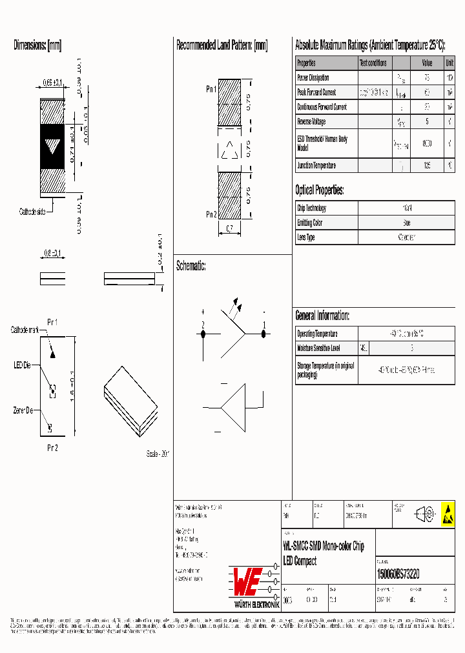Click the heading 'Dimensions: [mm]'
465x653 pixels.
(x=37, y=46)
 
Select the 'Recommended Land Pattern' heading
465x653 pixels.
(x=222, y=46)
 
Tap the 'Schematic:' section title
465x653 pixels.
(x=191, y=266)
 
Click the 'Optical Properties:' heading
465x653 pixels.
(x=319, y=190)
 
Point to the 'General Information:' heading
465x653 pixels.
(x=322, y=316)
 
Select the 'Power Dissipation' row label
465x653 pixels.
(x=313, y=78)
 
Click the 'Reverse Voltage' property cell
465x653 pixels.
(x=311, y=121)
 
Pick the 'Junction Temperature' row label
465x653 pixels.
(x=316, y=166)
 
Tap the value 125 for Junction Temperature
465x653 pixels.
(x=427, y=166)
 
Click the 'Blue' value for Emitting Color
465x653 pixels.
(x=406, y=223)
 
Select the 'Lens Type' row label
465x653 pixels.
(x=306, y=237)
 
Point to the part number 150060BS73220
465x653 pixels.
(x=398, y=574)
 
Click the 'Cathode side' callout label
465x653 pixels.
(x=32, y=211)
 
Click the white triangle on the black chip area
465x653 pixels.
(x=52, y=146)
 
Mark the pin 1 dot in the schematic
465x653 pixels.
(x=263, y=334)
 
